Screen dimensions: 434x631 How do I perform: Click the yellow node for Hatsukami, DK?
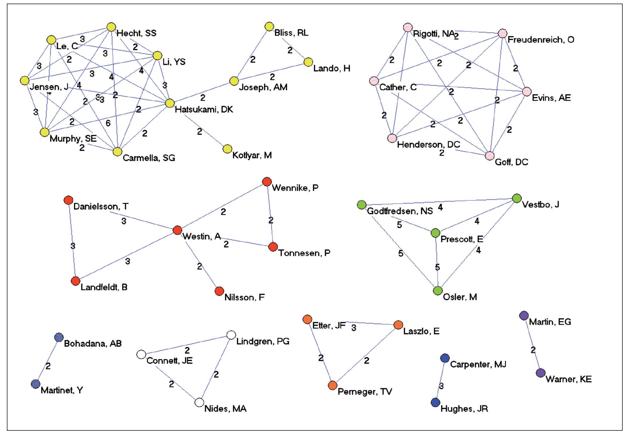tap(170, 103)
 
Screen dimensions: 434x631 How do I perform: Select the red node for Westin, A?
tap(177, 230)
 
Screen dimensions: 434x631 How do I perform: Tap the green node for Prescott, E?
tap(436, 233)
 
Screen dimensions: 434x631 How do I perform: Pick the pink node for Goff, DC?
tap(490, 156)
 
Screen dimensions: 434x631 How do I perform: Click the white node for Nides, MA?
tap(199, 402)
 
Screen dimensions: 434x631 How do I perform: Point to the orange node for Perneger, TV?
tap(333, 385)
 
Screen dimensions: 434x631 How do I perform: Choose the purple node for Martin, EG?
tap(524, 316)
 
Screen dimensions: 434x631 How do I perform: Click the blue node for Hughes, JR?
tap(436, 402)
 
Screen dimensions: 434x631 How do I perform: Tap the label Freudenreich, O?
tap(541, 40)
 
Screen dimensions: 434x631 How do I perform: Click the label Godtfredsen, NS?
tap(400, 211)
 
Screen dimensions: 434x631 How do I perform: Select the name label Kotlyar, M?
tap(252, 155)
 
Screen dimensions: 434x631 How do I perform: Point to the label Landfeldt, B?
tap(104, 287)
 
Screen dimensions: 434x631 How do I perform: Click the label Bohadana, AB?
tap(93, 344)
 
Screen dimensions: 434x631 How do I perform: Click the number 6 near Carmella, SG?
tap(108, 123)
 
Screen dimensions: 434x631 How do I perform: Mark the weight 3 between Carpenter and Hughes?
tap(441, 386)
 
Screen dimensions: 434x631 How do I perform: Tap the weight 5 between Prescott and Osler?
tap(437, 267)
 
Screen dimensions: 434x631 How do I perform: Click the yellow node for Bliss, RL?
tap(269, 27)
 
